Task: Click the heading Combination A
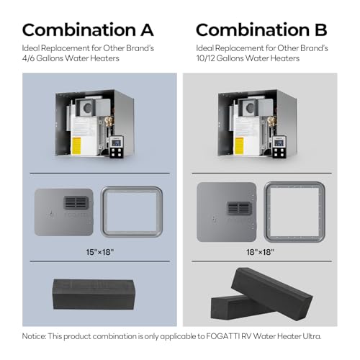click(x=88, y=30)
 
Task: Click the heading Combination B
click(x=261, y=30)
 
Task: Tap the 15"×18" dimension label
click(x=100, y=252)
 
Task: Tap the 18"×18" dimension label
click(x=260, y=252)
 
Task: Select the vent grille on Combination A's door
click(x=76, y=203)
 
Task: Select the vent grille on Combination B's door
click(x=239, y=208)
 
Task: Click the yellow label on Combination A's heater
click(x=76, y=145)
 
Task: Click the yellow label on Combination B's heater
click(x=239, y=145)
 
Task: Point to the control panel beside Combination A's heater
click(x=117, y=147)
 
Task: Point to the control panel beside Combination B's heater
click(x=279, y=147)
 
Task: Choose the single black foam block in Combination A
click(x=94, y=294)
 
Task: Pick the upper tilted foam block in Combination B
click(x=271, y=293)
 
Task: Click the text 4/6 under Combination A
click(x=28, y=58)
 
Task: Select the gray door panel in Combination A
click(x=64, y=212)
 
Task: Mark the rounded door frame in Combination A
click(x=104, y=212)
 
